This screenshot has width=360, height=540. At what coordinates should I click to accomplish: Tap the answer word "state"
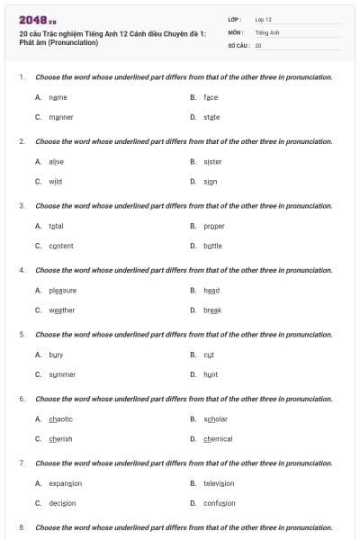click(x=211, y=117)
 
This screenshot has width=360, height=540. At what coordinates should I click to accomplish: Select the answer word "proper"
click(x=214, y=226)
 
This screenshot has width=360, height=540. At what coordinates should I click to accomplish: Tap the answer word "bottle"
click(x=212, y=246)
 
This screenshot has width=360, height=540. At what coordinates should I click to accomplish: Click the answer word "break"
click(x=212, y=310)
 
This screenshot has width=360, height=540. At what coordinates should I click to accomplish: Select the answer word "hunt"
click(x=211, y=374)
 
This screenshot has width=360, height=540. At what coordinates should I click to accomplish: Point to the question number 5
click(x=22, y=334)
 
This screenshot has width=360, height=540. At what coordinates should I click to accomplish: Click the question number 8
click(x=22, y=527)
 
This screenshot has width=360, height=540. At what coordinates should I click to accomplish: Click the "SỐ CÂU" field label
click(x=238, y=44)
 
